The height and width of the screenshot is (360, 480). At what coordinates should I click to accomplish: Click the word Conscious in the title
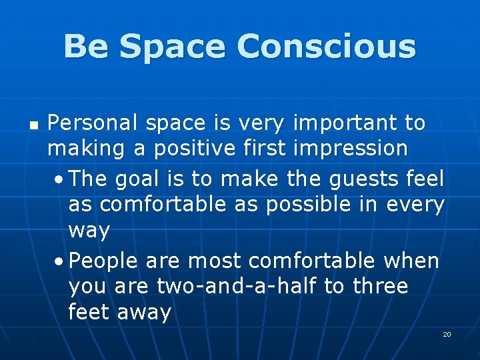(326, 47)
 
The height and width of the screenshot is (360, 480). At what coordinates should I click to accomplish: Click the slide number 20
(447, 333)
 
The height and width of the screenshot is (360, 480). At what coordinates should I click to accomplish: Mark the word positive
(195, 149)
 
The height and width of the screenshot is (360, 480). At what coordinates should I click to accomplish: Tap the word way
(89, 231)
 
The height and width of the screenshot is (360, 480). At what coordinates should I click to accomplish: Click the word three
(380, 287)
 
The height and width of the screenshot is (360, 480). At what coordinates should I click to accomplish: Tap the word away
(144, 312)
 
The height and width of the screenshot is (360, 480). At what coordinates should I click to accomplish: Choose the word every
(413, 205)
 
